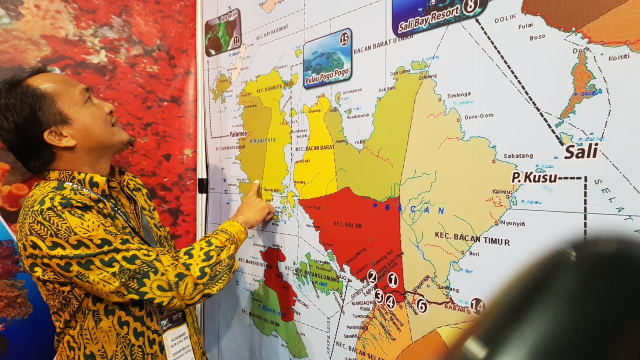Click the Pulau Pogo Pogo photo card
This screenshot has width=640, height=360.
327,58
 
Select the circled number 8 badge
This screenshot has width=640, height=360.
470,6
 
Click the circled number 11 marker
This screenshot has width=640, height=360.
236,40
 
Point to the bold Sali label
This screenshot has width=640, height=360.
581,151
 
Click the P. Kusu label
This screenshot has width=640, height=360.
534,177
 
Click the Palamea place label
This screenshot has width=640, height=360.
238,134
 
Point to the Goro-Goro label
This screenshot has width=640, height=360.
478,116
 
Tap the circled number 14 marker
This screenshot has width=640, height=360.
477,305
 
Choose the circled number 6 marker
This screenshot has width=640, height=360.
421,305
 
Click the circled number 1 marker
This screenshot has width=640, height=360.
392,280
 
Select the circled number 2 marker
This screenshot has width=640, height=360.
371,276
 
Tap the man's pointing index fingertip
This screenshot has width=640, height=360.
256,183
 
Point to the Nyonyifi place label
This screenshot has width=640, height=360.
512,223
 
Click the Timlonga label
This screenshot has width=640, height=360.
458,94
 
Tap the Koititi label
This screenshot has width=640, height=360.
619,57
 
